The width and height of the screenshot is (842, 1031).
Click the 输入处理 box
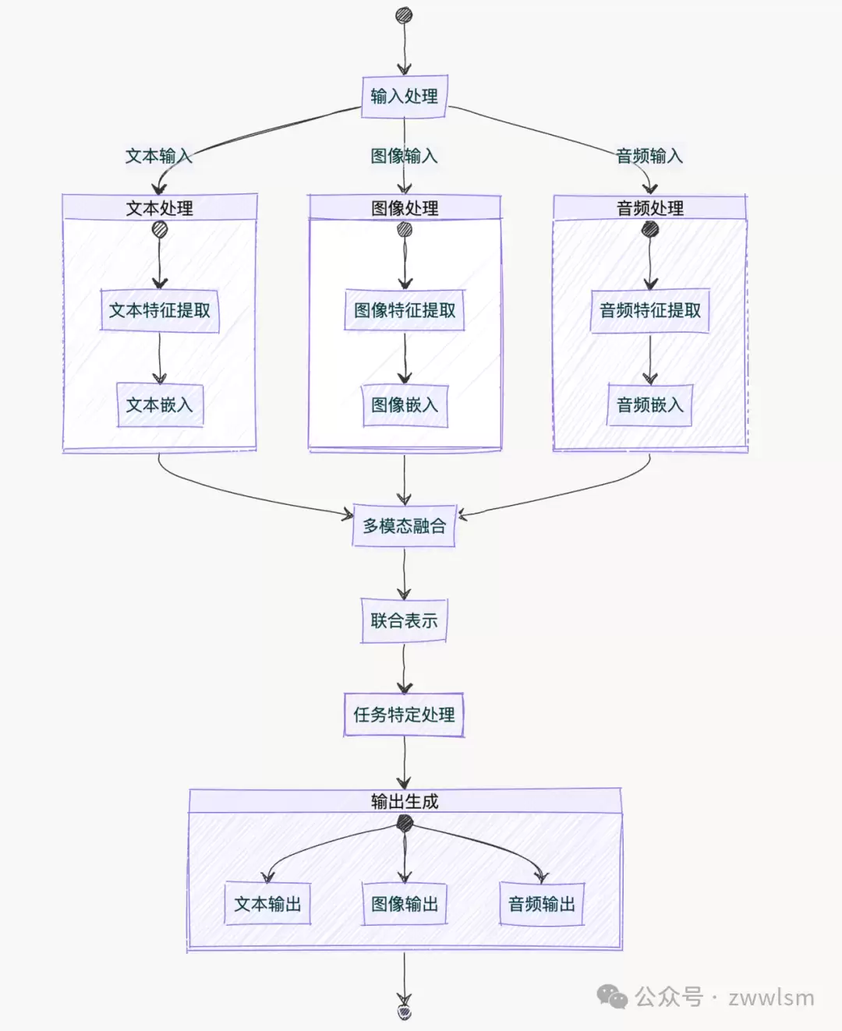click(x=405, y=97)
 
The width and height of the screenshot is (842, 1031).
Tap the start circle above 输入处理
click(x=404, y=15)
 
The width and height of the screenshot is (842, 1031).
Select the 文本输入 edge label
click(x=158, y=157)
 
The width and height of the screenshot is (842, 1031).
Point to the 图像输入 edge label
click(x=404, y=157)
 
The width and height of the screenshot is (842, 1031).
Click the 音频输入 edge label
click(x=649, y=157)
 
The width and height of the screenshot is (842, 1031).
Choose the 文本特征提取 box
click(x=160, y=311)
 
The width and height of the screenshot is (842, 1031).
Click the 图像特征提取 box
click(x=405, y=310)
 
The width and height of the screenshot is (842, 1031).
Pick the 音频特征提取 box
click(x=650, y=311)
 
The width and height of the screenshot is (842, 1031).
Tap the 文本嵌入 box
click(x=160, y=404)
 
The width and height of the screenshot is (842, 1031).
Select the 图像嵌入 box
click(x=405, y=405)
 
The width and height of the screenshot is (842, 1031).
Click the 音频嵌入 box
click(x=650, y=405)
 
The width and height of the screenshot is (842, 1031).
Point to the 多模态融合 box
click(x=405, y=525)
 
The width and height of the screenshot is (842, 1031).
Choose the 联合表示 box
click(x=404, y=620)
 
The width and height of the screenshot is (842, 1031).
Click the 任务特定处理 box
click(x=405, y=715)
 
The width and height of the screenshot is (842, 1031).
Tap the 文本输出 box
click(x=267, y=904)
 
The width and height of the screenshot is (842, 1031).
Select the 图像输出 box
click(x=405, y=904)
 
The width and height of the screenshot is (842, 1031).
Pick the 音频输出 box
click(x=542, y=904)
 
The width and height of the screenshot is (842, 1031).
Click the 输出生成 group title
click(x=405, y=802)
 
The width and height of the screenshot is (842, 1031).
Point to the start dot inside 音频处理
click(x=650, y=229)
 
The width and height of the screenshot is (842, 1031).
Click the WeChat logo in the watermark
click(x=612, y=996)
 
